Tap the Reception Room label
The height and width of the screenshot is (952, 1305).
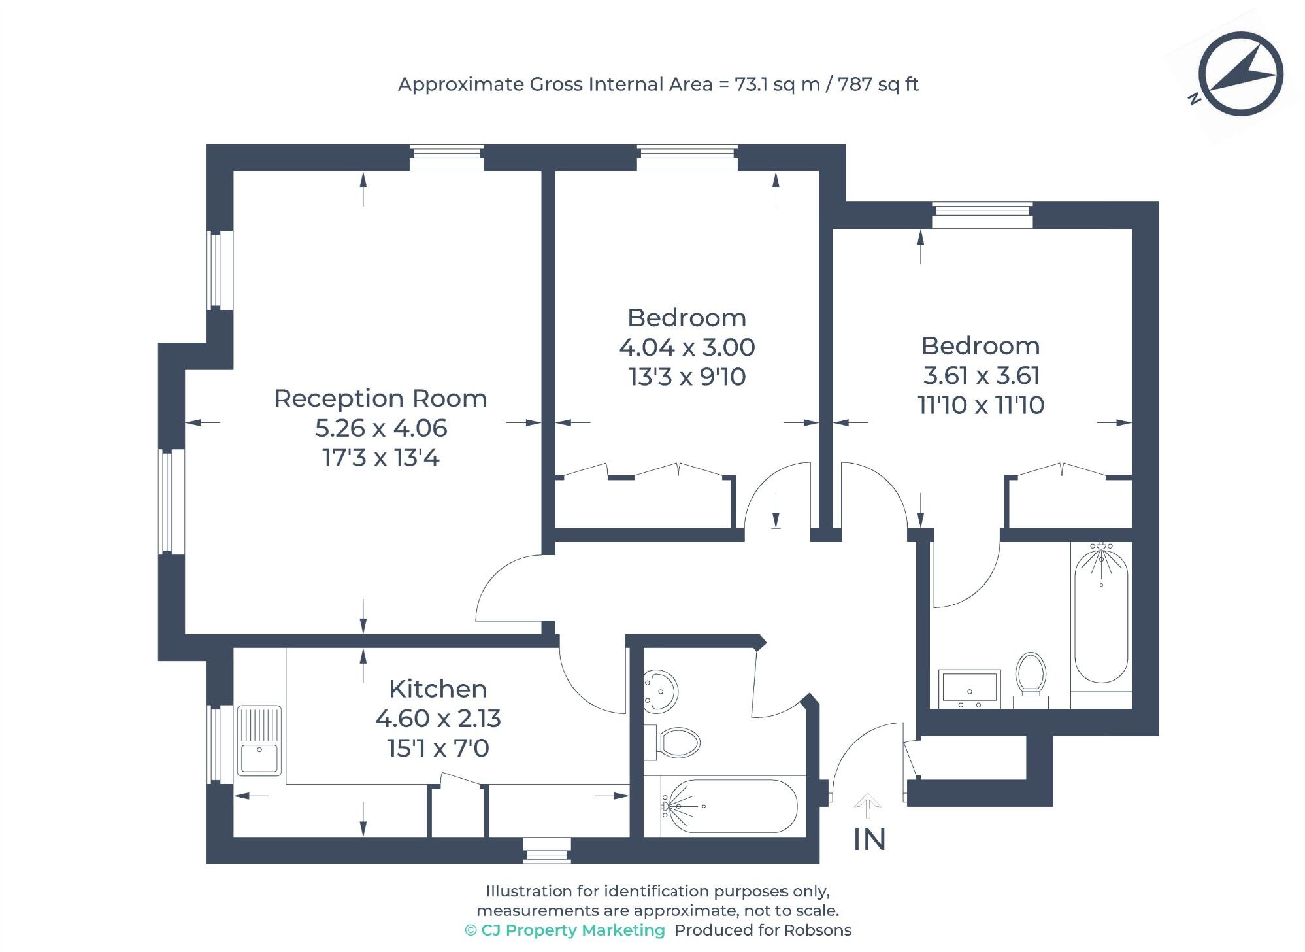tap(380, 398)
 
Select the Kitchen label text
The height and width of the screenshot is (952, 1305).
tap(438, 688)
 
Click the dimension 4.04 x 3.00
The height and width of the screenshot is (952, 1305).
tap(687, 347)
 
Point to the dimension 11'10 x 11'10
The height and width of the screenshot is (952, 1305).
tap(980, 405)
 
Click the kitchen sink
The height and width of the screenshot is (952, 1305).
tap(259, 740)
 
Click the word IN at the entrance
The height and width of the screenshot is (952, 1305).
tap(869, 840)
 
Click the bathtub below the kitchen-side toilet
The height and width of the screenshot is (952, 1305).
tap(731, 806)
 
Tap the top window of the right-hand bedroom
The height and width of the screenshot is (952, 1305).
tap(982, 215)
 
